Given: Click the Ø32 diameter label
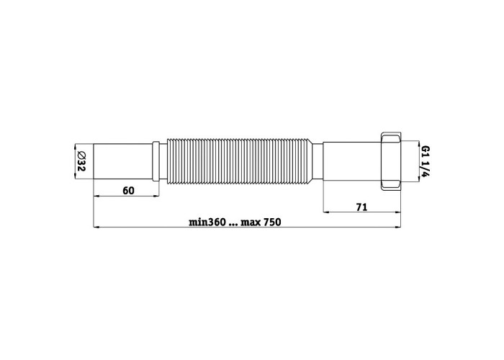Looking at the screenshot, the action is point(81,161).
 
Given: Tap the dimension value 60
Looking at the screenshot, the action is point(128,191).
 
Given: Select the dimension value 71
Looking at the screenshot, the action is point(361,207).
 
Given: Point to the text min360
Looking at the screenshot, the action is point(207,222).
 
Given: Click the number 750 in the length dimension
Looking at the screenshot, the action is point(273,222).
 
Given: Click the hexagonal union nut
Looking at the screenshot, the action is point(391,161).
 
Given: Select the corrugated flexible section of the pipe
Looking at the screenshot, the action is point(240,161).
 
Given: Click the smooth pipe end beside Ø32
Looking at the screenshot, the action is point(123,161).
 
